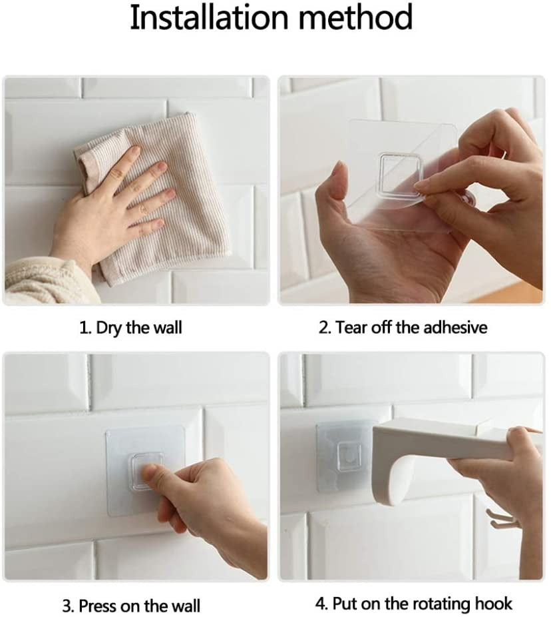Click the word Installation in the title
point(209,17)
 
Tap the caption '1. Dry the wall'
point(131,328)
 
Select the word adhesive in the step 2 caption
point(455,327)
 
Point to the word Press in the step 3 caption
point(98,605)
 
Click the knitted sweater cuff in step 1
point(47,281)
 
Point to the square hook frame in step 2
point(400,174)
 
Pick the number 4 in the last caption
point(321,604)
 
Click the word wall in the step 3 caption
point(185,605)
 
